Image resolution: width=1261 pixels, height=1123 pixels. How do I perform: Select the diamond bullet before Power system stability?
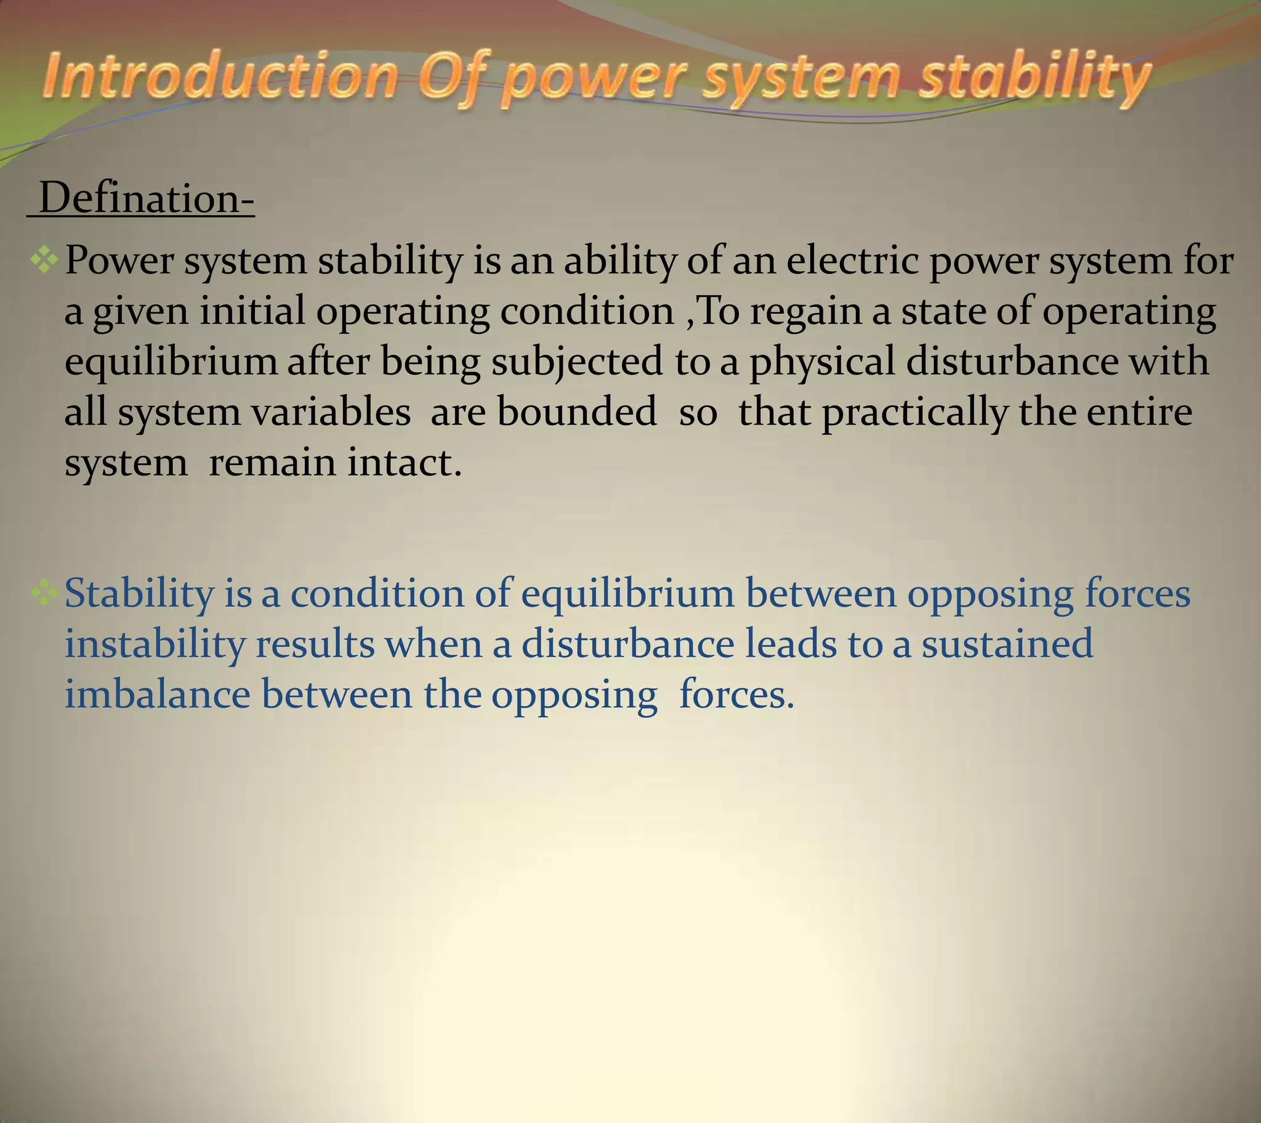pyautogui.click(x=44, y=259)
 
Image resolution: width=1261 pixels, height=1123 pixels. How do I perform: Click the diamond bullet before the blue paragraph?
pyautogui.click(x=44, y=593)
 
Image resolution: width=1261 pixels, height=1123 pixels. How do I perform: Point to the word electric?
pyautogui.click(x=852, y=260)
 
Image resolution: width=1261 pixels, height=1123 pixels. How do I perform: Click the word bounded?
pyautogui.click(x=577, y=411)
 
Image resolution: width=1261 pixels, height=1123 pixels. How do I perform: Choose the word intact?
pyautogui.click(x=404, y=463)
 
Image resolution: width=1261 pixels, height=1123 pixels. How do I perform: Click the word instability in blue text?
pyautogui.click(x=155, y=644)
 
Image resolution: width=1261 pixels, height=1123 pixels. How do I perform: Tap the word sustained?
pyautogui.click(x=1007, y=643)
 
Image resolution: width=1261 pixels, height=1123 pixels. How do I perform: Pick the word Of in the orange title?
pyautogui.click(x=455, y=78)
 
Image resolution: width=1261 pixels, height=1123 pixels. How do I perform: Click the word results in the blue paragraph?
pyautogui.click(x=315, y=643)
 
